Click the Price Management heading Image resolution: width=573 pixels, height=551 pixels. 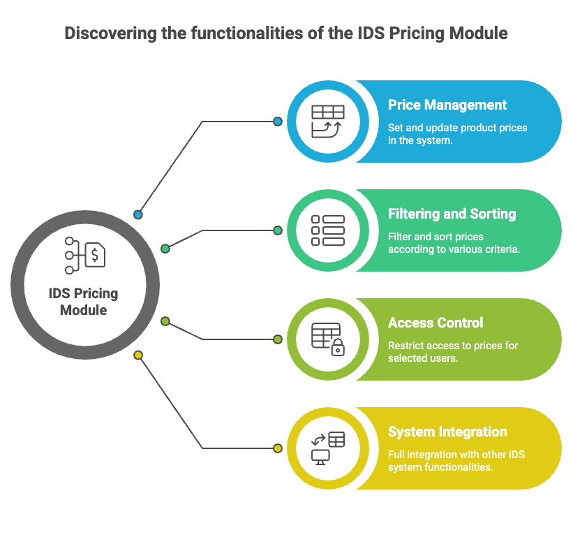[447, 105]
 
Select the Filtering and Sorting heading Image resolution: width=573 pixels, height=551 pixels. [452, 214]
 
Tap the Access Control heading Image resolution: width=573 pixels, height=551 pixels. [436, 323]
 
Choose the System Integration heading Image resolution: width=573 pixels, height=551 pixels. [447, 432]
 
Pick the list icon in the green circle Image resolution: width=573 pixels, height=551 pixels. [327, 230]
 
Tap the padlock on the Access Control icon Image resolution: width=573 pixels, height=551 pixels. [338, 348]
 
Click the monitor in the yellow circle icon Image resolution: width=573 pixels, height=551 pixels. [320, 456]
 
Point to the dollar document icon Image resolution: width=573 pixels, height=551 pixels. [95, 254]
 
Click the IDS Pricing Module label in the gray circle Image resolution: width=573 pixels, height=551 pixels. [83, 302]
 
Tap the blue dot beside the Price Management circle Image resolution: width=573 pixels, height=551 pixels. [278, 122]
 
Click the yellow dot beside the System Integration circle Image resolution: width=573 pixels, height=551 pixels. [278, 448]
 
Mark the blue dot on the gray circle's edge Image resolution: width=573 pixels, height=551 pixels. [138, 214]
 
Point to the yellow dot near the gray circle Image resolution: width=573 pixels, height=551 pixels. [138, 355]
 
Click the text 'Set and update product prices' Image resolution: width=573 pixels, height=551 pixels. [457, 128]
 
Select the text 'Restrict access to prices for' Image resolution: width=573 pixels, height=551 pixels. [453, 346]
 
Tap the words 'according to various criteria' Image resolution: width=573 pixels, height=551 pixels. [454, 249]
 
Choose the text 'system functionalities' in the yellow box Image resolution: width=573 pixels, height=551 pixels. [440, 466]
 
